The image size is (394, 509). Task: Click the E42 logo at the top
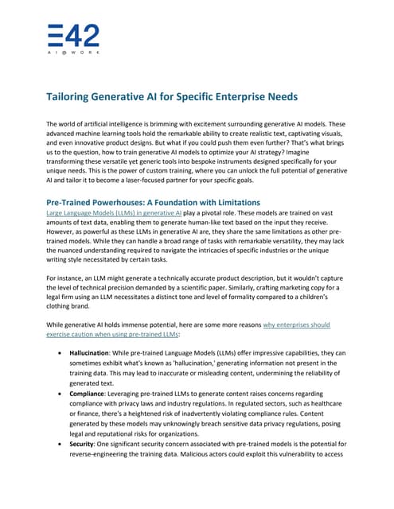(x=73, y=37)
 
